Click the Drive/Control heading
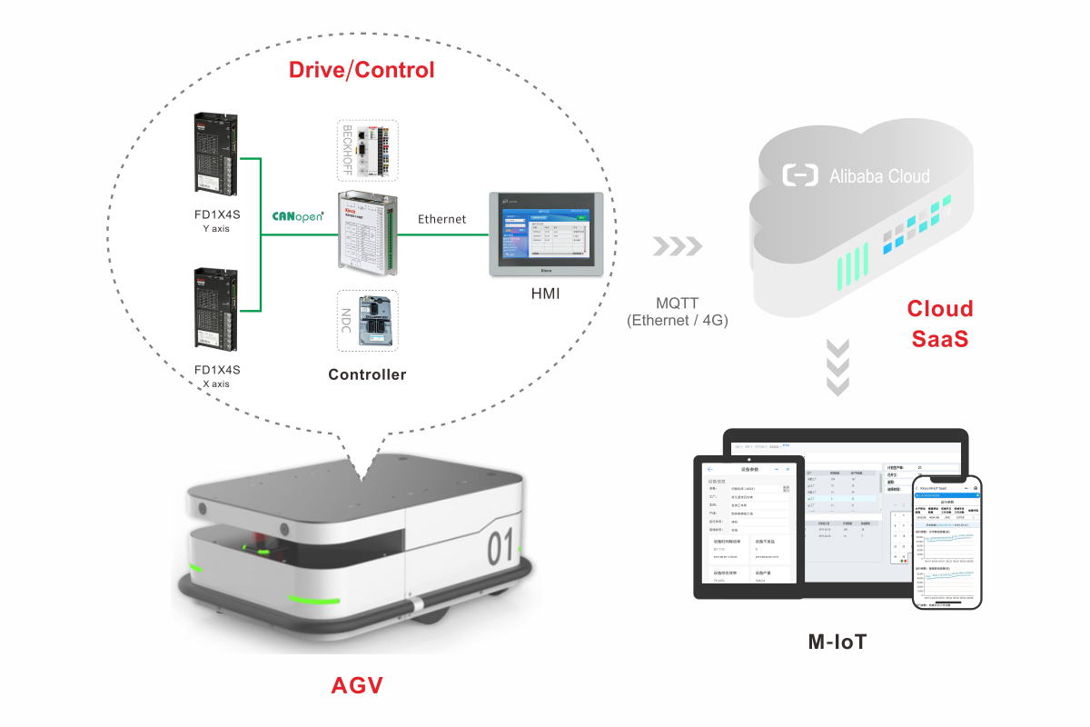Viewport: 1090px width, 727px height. coord(362,70)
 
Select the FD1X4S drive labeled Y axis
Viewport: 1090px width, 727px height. coord(217,154)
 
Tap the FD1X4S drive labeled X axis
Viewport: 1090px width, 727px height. coord(217,308)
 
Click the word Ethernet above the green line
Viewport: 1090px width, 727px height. coord(441,219)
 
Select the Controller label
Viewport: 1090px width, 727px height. coord(367,374)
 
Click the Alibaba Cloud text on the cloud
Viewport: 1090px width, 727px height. coord(879,175)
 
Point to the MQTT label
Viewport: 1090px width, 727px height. coord(678,304)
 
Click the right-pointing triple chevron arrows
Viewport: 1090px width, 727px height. coord(678,246)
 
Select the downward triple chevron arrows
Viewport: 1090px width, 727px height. coord(838,367)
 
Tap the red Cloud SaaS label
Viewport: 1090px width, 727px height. coord(939,324)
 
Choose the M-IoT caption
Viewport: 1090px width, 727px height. coord(837,642)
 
